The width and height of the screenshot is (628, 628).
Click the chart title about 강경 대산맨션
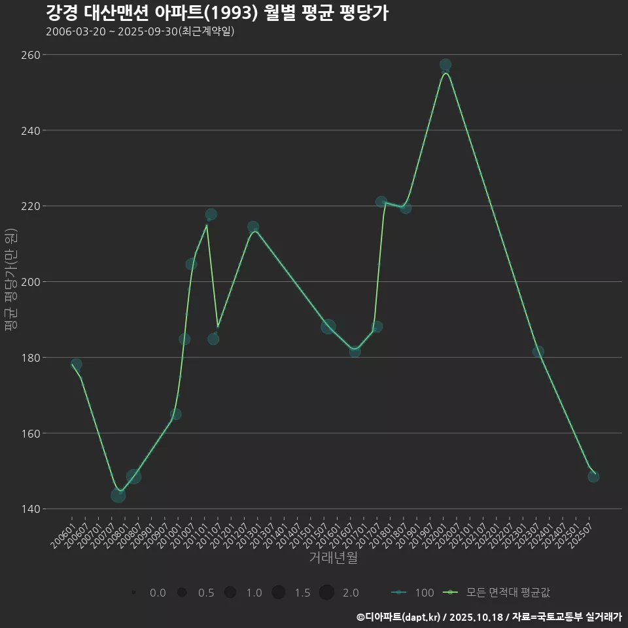[x=217, y=13]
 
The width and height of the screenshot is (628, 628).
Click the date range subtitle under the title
[x=140, y=31]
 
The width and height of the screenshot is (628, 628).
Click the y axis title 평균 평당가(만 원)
[x=10, y=281]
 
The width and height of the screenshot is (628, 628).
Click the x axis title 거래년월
[x=333, y=558]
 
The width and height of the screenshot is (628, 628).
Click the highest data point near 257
[x=445, y=65]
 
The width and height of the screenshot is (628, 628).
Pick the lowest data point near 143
[x=118, y=495]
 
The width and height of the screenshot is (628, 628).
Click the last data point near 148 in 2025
[x=593, y=476]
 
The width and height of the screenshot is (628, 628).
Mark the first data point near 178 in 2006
[x=77, y=364]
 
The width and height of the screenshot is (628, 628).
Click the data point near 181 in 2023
[x=538, y=351]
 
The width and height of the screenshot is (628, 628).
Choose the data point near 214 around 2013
[x=253, y=227]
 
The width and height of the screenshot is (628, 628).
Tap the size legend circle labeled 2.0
[x=326, y=593]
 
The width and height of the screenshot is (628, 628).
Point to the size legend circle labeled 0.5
[x=182, y=593]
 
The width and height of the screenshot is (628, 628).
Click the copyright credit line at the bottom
[x=489, y=617]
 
